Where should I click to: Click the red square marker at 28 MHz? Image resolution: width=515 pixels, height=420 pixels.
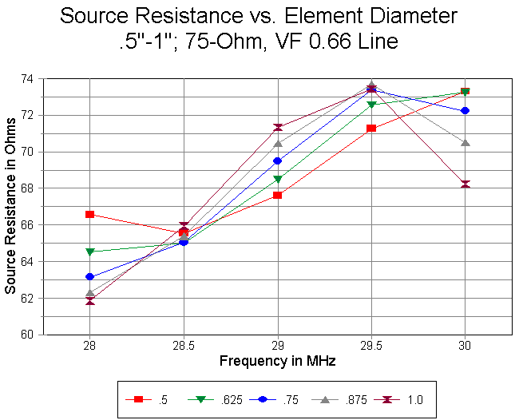90,214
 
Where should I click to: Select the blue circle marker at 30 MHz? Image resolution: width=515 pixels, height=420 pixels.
465,110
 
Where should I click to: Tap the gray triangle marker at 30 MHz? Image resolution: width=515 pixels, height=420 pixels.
465,142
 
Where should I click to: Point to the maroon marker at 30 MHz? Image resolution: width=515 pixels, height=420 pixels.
465,184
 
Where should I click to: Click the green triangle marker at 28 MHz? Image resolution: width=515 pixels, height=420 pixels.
90,252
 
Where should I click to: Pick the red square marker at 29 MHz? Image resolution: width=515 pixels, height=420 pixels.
277,195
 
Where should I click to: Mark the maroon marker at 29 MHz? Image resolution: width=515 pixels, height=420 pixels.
277,127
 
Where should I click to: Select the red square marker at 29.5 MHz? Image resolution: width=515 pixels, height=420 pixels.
371,128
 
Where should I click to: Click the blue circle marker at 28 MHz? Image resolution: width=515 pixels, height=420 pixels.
90,276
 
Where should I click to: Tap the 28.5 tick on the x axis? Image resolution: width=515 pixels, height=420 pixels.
184,348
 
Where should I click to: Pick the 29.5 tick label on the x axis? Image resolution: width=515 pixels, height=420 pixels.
371,348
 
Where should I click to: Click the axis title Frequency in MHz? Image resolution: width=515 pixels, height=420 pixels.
277,362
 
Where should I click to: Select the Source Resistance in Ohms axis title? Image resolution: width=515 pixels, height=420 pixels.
11,207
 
